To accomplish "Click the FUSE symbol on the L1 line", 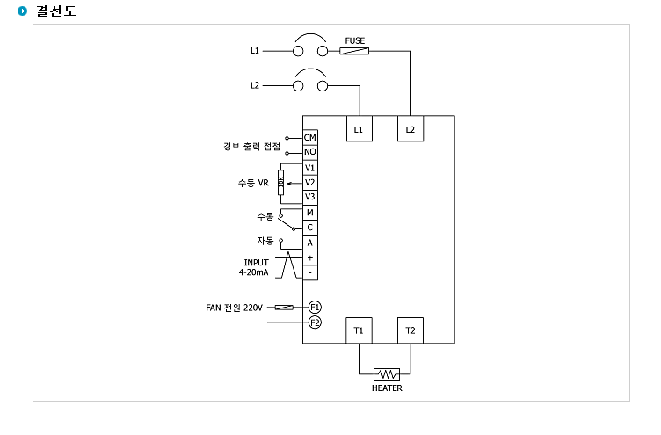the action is (354, 51).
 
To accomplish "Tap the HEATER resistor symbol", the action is (387, 373).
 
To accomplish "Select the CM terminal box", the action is (310, 137).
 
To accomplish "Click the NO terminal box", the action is (310, 152).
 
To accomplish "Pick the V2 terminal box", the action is (310, 183).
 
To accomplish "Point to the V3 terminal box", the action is (310, 197).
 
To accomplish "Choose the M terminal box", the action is (310, 213).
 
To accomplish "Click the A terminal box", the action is (310, 243).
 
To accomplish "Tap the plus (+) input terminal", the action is (310, 257).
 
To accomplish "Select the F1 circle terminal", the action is (315, 307).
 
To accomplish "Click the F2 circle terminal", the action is (315, 323).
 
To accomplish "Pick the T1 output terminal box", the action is (359, 330).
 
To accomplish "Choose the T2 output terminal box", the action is (410, 330).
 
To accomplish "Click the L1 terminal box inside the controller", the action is (359, 128).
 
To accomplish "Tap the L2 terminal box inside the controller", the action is (410, 128).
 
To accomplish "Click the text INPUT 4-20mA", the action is (254, 267).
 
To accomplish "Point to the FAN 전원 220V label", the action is (234, 308).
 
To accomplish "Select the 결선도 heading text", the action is (56, 11).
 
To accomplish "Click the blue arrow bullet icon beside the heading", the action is (22, 11).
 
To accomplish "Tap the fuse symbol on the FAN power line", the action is (284, 308).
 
